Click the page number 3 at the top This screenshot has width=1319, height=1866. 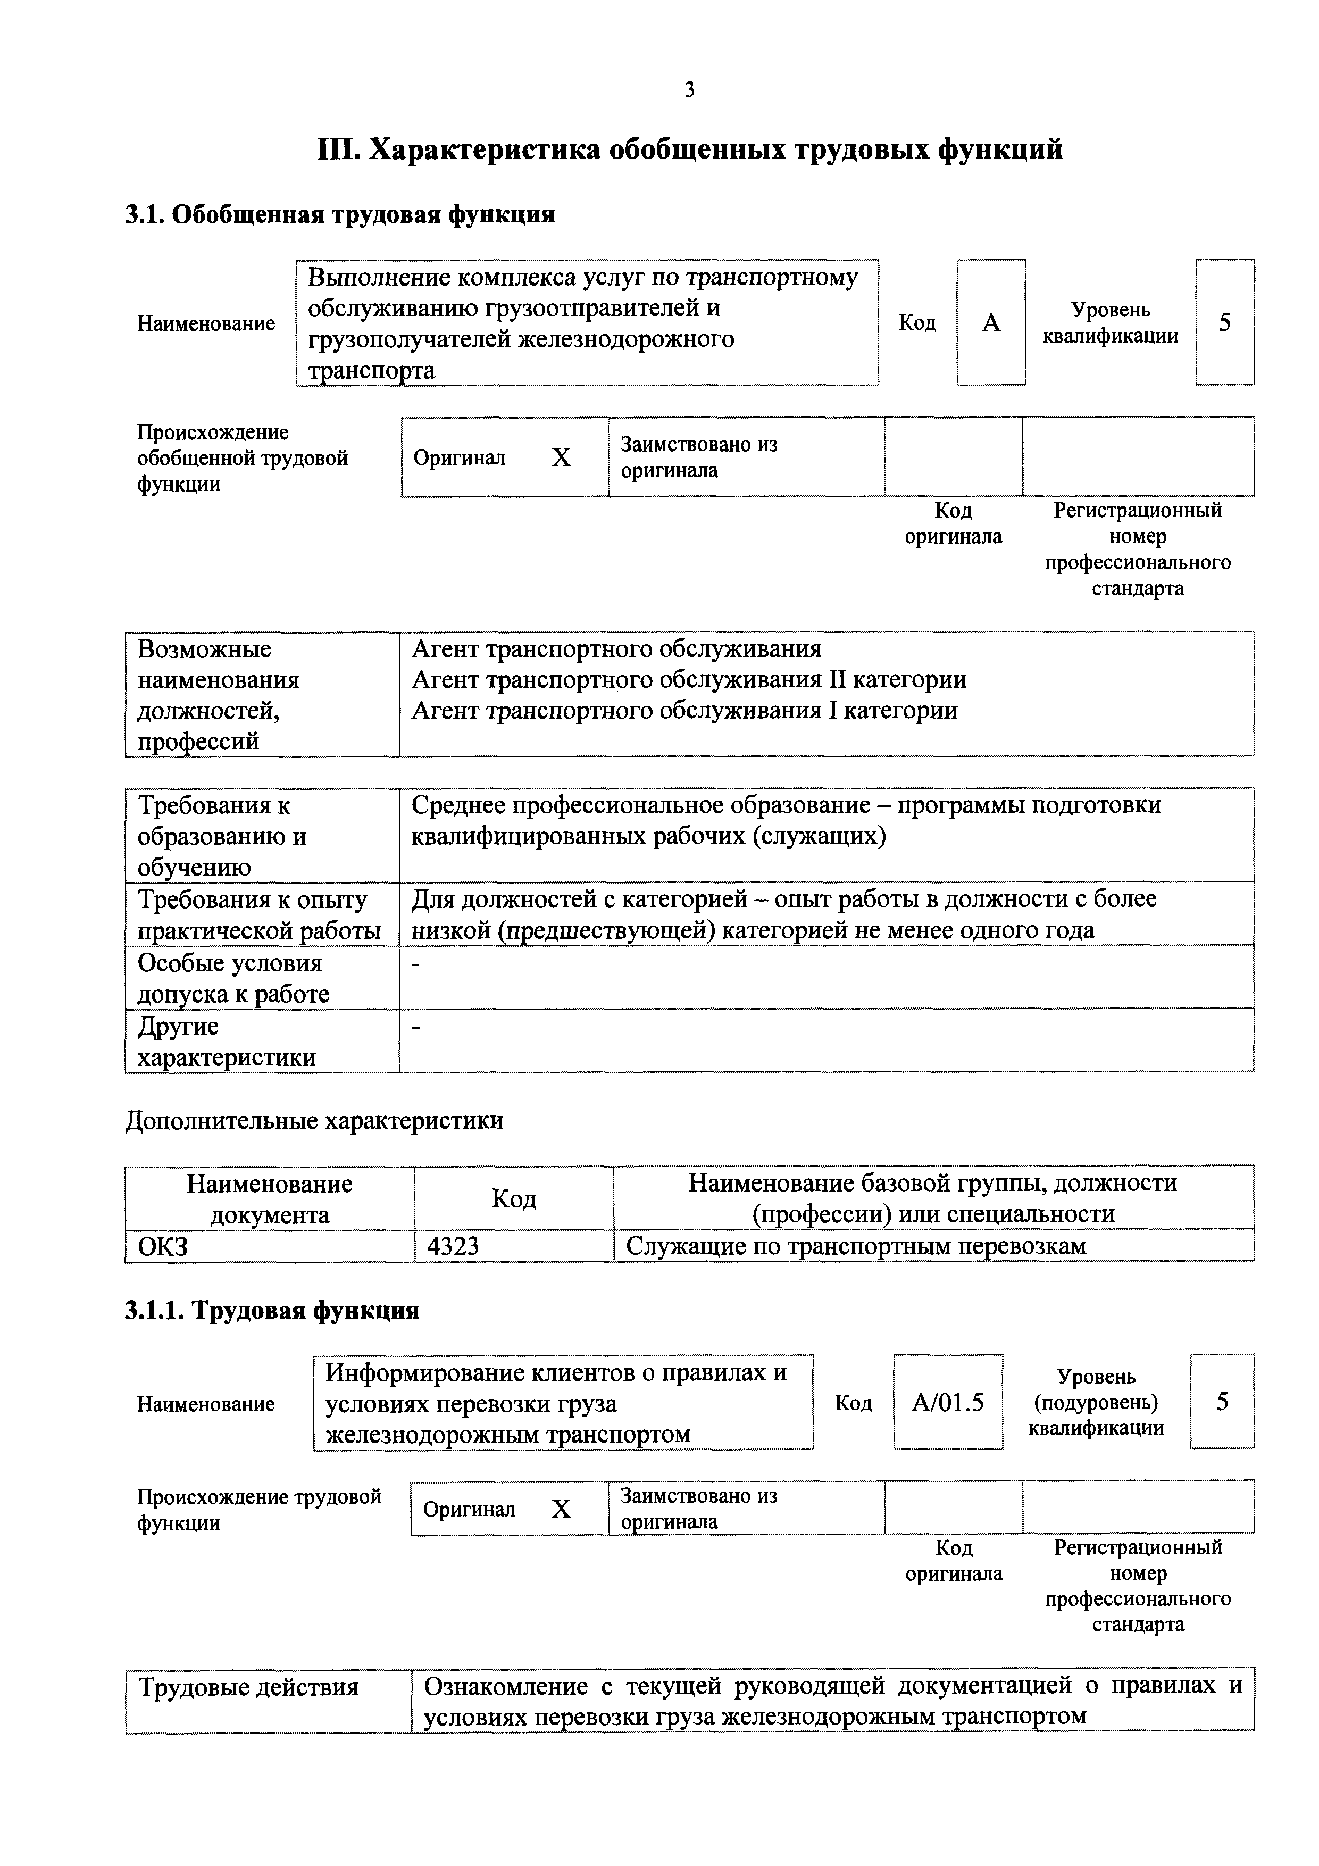coord(689,89)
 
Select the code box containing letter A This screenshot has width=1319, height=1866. coord(991,323)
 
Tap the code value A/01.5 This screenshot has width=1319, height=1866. coord(948,1402)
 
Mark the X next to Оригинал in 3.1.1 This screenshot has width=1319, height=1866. coord(561,1509)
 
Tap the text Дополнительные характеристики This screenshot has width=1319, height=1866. coord(314,1121)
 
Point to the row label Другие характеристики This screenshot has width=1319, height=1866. coord(226,1042)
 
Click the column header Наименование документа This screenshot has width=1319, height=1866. coord(269,1199)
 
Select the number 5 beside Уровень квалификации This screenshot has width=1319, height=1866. coord(1224,323)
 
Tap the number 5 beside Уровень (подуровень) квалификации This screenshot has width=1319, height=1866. coord(1222,1402)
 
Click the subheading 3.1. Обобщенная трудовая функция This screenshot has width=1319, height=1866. coord(340,214)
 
